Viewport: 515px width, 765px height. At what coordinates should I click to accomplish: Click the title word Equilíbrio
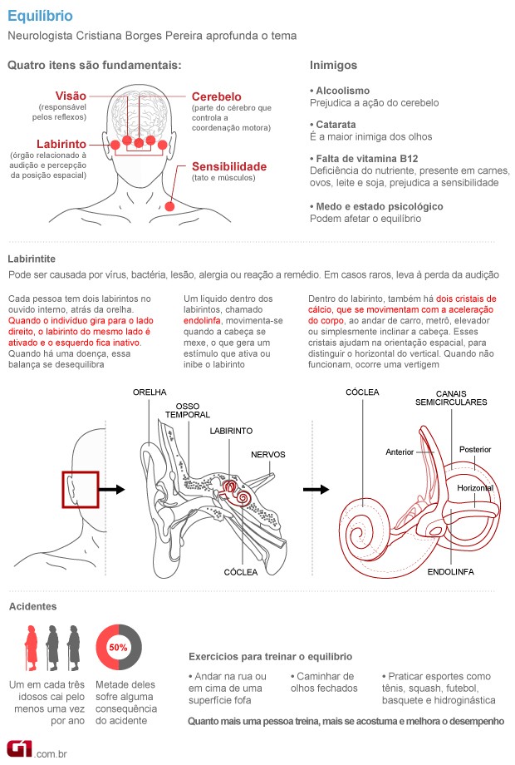39,16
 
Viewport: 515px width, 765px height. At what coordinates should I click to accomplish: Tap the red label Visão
71,95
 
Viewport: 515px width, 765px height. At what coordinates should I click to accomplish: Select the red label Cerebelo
217,96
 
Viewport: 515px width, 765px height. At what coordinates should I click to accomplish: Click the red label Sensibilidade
229,166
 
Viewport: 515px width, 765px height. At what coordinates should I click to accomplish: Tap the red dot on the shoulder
170,205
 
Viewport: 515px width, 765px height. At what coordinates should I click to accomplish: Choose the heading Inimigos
333,65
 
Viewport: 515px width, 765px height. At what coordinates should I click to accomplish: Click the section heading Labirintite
34,258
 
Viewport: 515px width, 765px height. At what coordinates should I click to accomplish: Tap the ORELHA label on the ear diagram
150,392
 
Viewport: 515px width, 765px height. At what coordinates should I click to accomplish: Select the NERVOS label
269,454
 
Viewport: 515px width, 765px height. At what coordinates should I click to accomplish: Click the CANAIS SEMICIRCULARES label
451,397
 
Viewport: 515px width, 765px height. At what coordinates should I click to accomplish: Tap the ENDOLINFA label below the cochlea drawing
452,572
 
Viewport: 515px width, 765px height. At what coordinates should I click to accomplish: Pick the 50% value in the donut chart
118,646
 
